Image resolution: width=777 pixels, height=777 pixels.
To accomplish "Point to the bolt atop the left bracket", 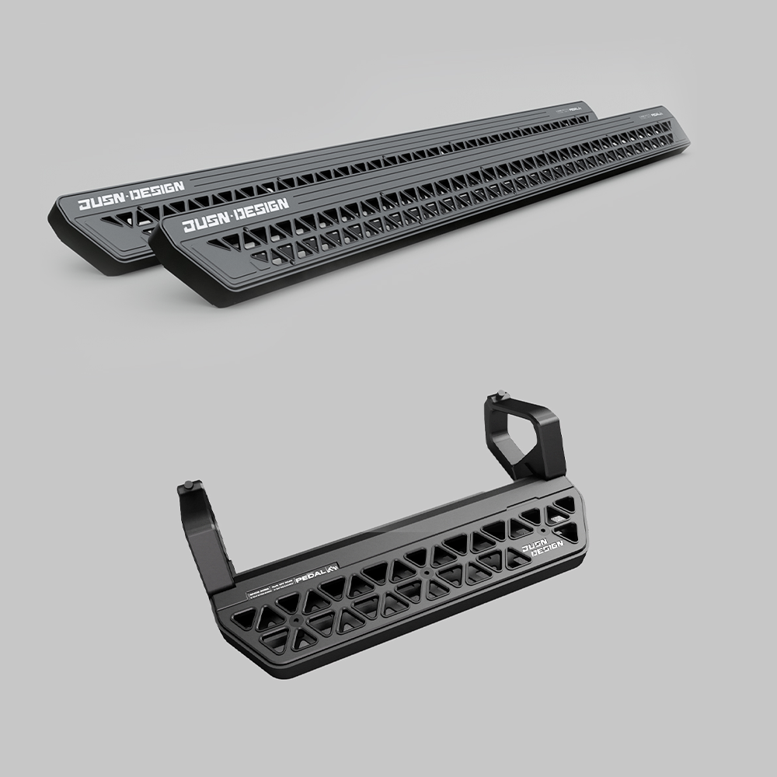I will [x=186, y=486].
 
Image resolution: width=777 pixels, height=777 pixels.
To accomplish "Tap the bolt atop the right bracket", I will [x=500, y=395].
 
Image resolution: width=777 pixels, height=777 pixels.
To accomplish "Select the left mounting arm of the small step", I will [x=204, y=536].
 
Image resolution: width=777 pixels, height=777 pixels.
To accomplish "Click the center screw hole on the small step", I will [x=427, y=574].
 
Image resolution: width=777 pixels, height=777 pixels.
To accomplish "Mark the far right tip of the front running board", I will [x=686, y=141].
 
